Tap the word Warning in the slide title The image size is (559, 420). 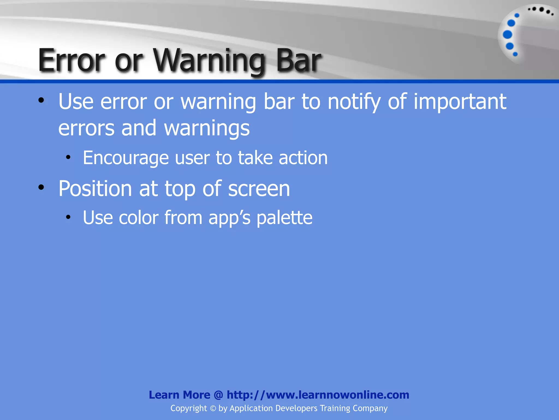(209, 61)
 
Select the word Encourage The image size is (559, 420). (126, 158)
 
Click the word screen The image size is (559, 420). (259, 189)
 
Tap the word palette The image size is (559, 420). (284, 218)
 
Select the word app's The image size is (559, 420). (229, 218)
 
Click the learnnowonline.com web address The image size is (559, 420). (318, 395)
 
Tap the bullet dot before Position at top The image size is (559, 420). (41, 188)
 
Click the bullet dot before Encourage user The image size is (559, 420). (68, 157)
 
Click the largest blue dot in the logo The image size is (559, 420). (507, 35)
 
